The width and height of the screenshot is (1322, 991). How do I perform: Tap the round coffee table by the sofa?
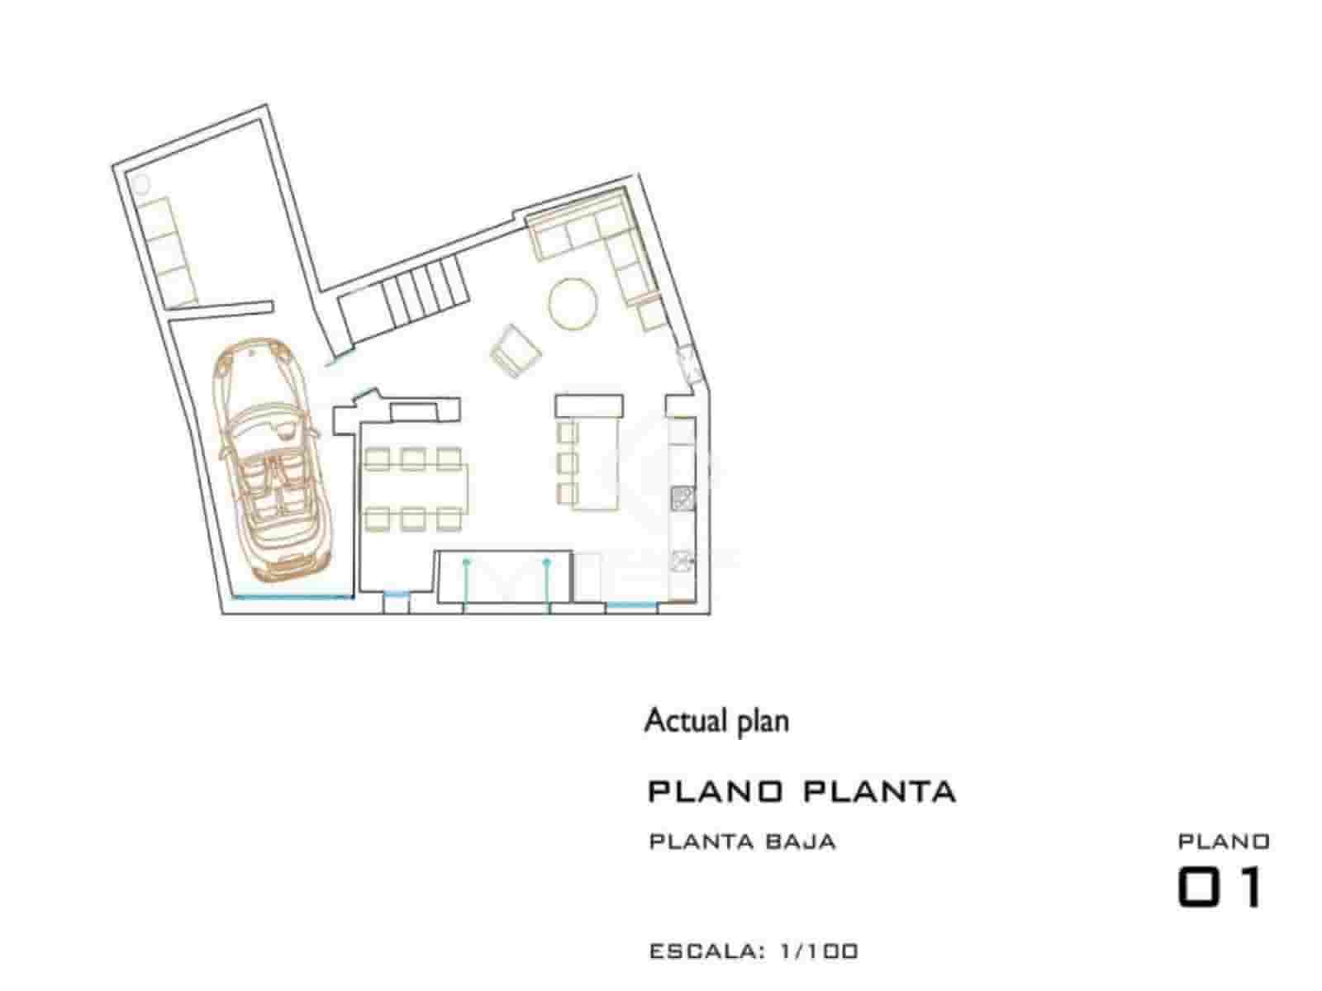(573, 303)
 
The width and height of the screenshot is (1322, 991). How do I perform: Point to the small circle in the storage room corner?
(140, 183)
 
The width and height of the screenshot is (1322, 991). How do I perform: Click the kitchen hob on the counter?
(682, 497)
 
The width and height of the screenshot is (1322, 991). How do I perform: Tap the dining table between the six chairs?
(415, 488)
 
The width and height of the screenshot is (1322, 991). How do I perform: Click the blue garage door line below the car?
(289, 595)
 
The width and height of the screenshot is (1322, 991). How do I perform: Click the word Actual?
(678, 721)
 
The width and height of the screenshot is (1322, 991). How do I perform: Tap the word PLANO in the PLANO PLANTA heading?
(715, 791)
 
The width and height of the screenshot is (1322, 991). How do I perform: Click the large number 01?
(1220, 888)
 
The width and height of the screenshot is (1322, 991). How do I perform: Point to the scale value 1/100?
(818, 951)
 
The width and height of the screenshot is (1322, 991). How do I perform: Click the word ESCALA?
(702, 951)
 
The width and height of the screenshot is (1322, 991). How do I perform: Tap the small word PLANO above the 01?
(1223, 842)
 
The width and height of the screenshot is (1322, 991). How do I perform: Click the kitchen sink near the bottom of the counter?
(682, 560)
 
